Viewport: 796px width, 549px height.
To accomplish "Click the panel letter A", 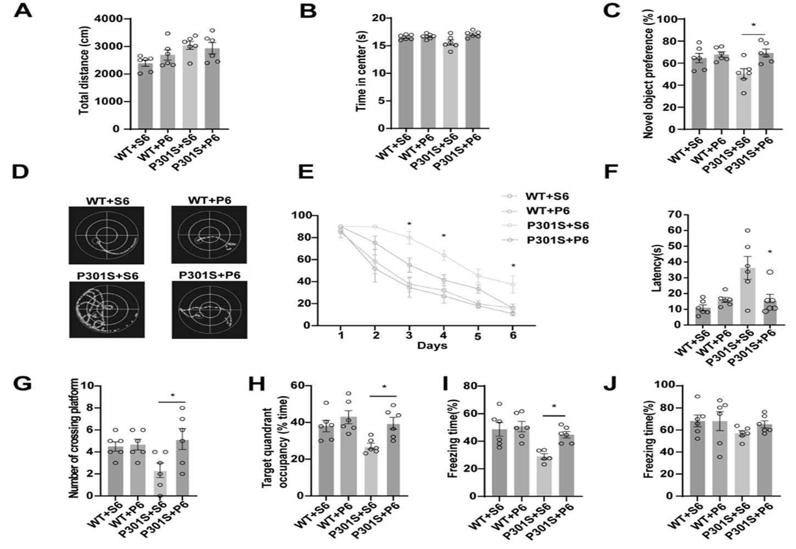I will click(x=23, y=10).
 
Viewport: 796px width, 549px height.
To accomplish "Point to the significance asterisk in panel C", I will click(x=753, y=25).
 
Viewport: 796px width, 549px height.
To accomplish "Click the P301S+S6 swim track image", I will click(x=106, y=309).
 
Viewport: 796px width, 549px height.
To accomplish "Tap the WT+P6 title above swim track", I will click(x=209, y=200).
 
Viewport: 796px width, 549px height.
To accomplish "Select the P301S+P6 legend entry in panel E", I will click(x=557, y=240).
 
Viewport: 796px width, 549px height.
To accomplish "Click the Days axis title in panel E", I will click(x=432, y=345).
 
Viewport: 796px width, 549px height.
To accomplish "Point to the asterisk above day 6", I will click(x=513, y=266).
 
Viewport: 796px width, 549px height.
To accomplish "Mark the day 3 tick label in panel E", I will click(x=409, y=335).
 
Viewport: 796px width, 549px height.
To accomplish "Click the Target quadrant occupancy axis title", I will click(x=273, y=440).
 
